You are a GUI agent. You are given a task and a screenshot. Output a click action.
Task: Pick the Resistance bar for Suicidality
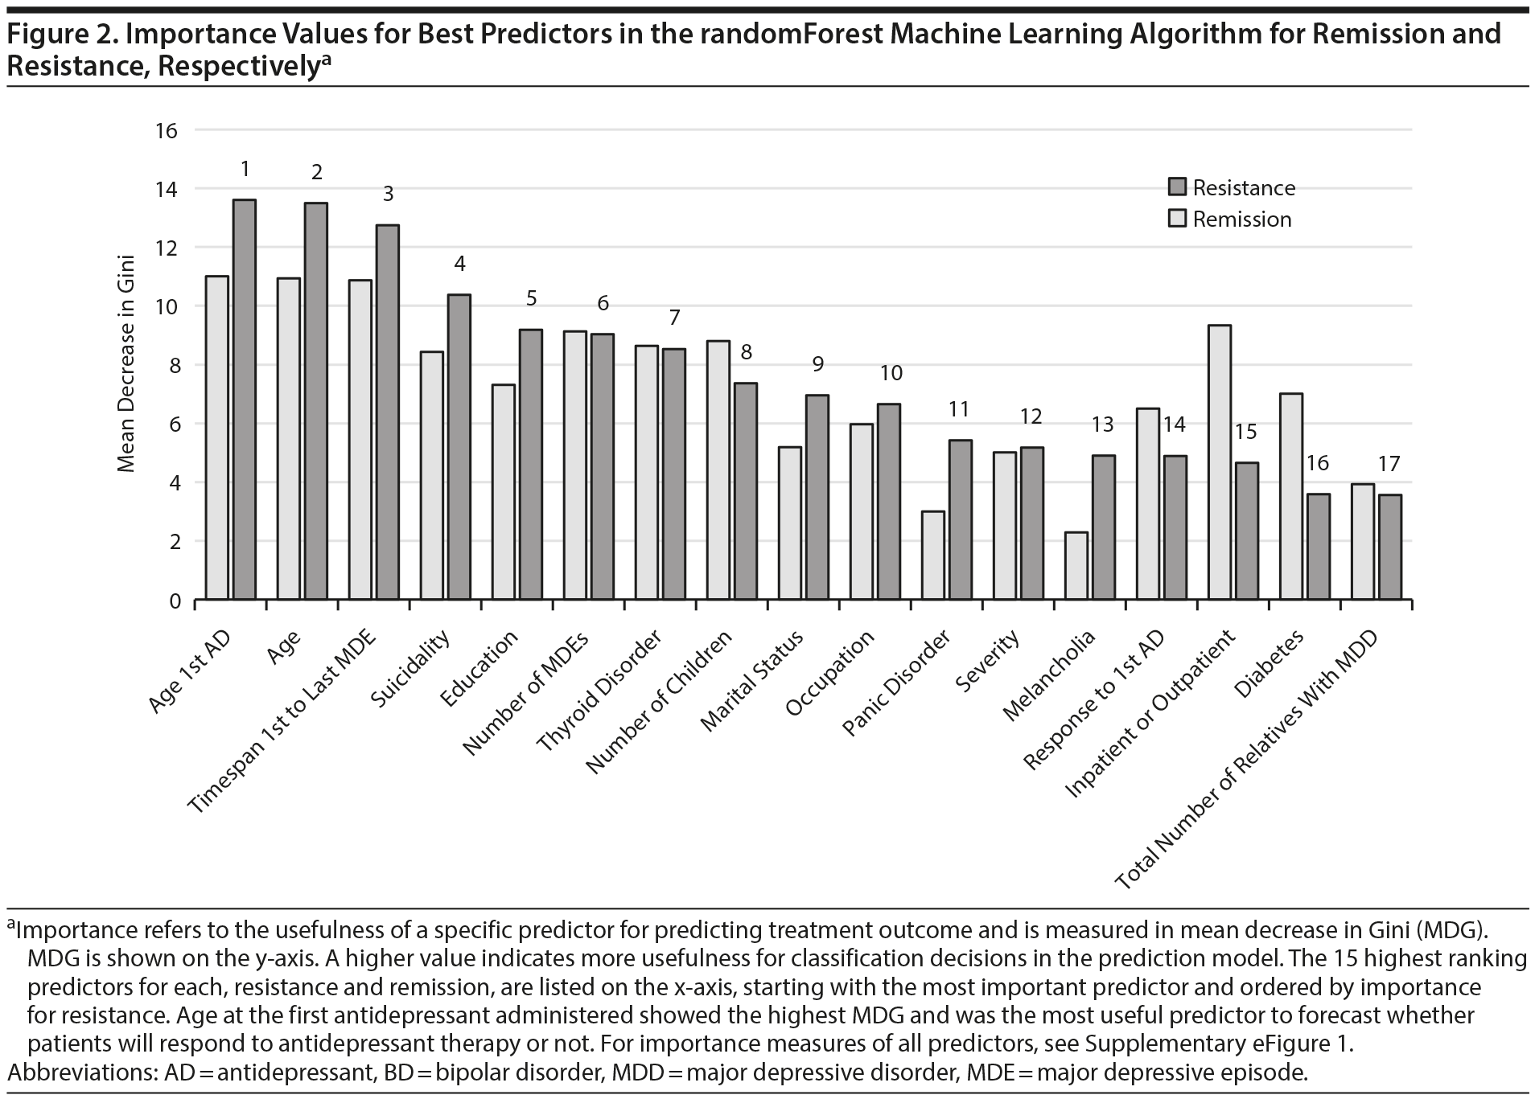459,447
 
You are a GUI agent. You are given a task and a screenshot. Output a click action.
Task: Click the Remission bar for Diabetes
1291,496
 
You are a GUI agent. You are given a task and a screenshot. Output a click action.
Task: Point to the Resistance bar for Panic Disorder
960,519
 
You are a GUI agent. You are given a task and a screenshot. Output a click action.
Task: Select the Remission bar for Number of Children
718,470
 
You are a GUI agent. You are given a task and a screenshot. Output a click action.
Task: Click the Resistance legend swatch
1177,188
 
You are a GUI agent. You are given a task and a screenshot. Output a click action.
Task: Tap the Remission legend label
1241,219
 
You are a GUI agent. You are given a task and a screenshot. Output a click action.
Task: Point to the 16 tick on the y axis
167,130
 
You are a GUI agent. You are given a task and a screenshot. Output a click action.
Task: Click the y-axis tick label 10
167,306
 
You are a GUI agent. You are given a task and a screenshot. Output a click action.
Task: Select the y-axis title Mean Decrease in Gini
126,363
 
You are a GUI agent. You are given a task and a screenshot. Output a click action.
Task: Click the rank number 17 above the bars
1389,464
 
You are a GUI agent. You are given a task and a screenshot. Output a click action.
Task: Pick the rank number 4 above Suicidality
459,264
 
